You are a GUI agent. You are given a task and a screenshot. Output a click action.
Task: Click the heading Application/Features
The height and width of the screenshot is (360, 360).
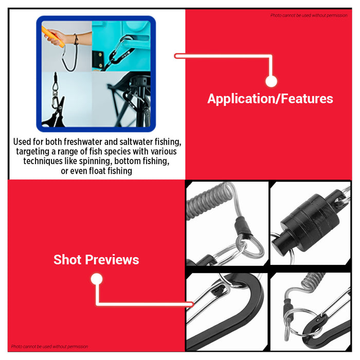coord(270,99)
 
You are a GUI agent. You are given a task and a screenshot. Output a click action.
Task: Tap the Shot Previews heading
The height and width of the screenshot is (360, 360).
coord(96,260)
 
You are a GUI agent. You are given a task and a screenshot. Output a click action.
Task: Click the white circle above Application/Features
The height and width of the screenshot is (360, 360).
coord(271,81)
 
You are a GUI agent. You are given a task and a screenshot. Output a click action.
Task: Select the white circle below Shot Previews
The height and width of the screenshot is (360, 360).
coord(97,279)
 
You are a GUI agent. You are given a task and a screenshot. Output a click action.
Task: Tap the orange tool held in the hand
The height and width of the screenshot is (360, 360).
coord(53,37)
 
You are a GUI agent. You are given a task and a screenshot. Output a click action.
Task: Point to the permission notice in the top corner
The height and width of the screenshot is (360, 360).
coord(309,15)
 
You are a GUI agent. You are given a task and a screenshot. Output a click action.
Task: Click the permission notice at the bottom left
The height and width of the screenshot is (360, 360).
coord(49,347)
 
